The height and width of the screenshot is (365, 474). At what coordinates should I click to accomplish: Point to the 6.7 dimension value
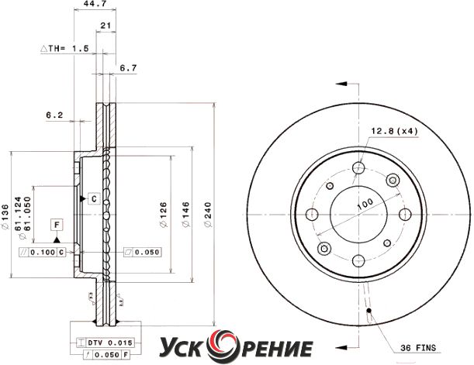(x=129, y=68)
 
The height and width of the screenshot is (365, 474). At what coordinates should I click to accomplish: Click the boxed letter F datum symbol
(x=57, y=224)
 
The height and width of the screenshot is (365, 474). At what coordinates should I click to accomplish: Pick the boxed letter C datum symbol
(x=93, y=198)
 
